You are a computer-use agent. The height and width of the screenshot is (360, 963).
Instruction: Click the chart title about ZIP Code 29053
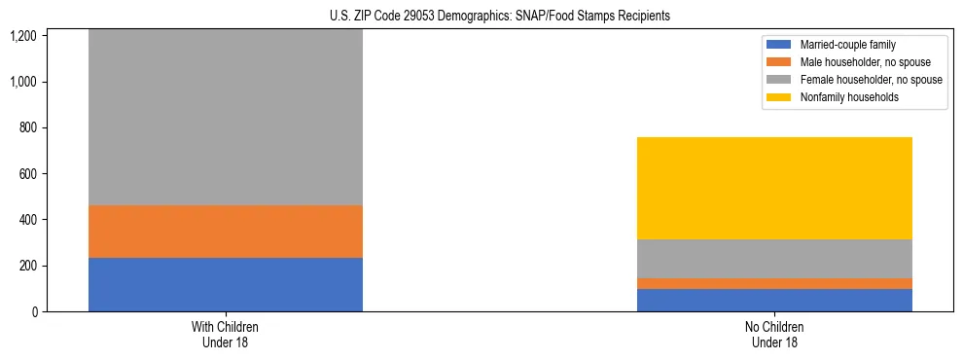coord(481,17)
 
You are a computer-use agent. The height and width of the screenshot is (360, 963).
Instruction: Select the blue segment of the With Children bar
coord(225,284)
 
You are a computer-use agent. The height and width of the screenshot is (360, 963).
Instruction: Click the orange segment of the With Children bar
coord(225,232)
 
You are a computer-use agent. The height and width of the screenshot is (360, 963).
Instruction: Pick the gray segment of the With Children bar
coord(225,117)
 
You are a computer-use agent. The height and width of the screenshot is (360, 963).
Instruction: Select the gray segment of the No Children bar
coord(774,259)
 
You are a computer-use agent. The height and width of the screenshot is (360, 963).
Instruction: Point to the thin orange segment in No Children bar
coord(774,283)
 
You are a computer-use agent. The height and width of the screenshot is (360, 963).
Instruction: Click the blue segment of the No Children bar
coord(774,300)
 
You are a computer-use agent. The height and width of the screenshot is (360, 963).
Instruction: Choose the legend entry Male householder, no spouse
coord(858,62)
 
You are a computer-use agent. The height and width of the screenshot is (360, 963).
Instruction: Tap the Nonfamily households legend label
coord(843,97)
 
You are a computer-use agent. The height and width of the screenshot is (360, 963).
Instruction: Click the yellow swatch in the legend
coord(779,97)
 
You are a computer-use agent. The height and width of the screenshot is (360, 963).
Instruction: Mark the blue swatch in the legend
coord(779,45)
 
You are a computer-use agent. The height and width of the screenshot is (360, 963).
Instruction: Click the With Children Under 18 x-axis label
coord(225,334)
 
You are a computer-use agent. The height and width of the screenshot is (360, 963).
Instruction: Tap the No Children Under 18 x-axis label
coord(774,334)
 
